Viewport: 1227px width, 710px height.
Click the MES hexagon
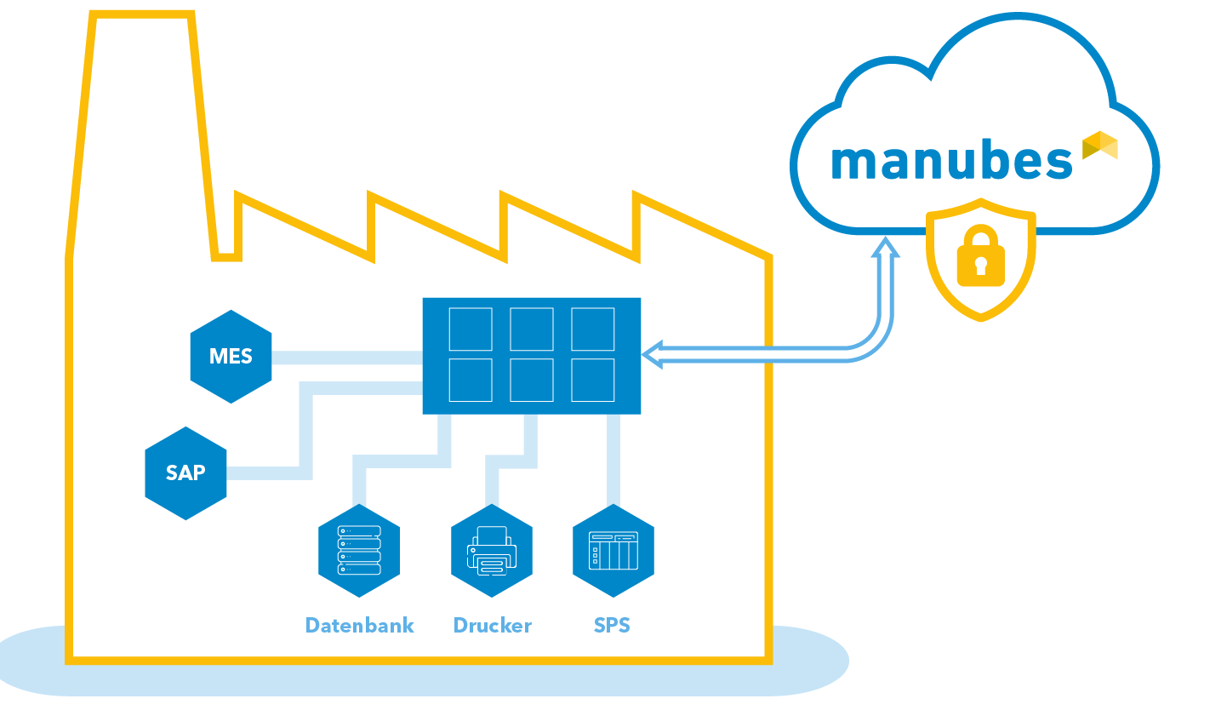[x=231, y=356]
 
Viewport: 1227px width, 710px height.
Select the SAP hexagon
[x=185, y=473]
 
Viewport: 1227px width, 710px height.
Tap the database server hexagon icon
[x=359, y=550]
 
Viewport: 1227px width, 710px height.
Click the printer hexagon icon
[x=491, y=550]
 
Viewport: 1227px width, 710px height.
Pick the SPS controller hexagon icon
[x=613, y=550]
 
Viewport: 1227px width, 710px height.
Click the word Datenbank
[x=359, y=626]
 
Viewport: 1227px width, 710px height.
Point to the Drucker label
[x=492, y=626]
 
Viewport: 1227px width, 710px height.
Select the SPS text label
[x=612, y=626]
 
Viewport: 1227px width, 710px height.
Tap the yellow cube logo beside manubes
[x=1099, y=146]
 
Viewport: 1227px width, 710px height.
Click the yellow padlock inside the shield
[x=980, y=256]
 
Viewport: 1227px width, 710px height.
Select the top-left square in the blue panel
[x=471, y=329]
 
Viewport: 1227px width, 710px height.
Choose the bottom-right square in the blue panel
[x=592, y=380]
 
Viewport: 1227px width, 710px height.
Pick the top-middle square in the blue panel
[x=532, y=329]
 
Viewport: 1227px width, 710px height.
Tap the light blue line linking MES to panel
[x=347, y=358]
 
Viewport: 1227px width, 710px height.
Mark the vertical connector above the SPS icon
[x=613, y=460]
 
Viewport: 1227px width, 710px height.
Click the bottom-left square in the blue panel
[x=471, y=380]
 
